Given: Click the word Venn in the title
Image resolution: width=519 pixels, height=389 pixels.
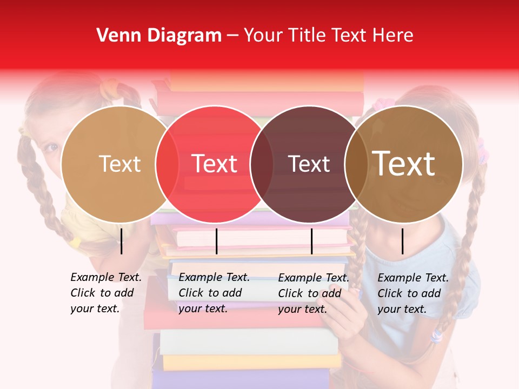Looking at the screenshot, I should pos(115,36).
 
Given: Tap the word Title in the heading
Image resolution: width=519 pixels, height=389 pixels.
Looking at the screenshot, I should pos(305,36).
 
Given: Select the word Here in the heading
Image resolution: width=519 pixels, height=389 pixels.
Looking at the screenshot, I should pos(393,36).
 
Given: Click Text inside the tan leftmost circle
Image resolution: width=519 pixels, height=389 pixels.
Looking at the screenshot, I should pos(119,164).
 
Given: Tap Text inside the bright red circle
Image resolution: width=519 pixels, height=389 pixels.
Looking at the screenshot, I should pos(215,164).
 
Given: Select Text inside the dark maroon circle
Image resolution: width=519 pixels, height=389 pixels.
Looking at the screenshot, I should pos(309,164).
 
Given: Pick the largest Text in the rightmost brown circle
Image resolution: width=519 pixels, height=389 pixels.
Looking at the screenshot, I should pos(403,164).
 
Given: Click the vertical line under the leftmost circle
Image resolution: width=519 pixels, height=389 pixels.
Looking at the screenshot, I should pos(122,241).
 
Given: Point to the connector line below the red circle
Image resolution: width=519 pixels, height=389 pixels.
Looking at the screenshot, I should pos(216,241).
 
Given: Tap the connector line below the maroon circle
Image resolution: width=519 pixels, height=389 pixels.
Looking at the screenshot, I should pos(311,241).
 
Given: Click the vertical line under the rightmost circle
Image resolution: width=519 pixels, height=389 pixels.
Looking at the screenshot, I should pos(403,241).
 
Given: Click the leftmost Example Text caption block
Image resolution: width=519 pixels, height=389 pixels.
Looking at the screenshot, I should pos(105,293).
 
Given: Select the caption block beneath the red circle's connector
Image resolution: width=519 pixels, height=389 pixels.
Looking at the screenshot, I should pos(214,293).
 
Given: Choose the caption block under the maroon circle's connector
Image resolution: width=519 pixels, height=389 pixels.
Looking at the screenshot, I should pos(313,293).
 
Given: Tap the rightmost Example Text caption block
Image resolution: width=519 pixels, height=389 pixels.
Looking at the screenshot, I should pos(412,293).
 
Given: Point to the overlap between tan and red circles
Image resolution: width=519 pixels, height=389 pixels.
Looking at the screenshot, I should pos(167,164).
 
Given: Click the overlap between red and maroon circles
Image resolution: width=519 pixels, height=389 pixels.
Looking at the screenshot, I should pos(262,164).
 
